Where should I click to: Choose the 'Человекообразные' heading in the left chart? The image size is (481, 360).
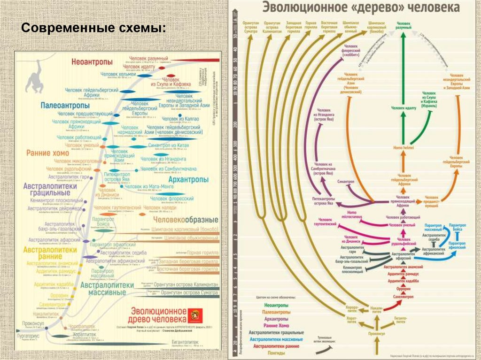coord(186,220)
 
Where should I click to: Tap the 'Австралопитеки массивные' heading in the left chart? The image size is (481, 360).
coord(103,288)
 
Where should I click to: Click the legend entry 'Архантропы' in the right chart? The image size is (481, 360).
coord(276,319)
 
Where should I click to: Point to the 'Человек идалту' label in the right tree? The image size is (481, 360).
coord(403,108)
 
